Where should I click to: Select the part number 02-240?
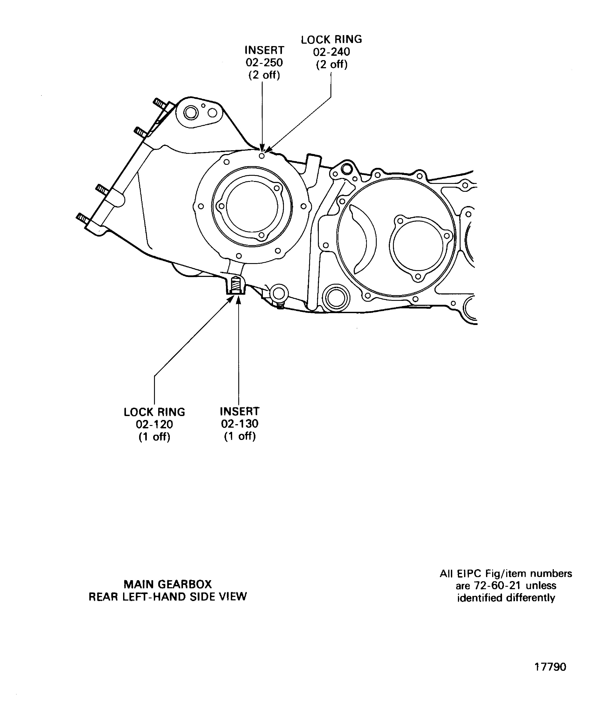(331, 52)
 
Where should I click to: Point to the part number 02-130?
(240, 424)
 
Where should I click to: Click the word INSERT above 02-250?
(264, 50)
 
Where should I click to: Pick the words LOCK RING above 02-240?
(331, 39)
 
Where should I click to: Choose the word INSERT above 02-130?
(240, 411)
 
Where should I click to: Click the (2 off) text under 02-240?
(331, 64)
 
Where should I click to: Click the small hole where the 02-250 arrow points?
(262, 156)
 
